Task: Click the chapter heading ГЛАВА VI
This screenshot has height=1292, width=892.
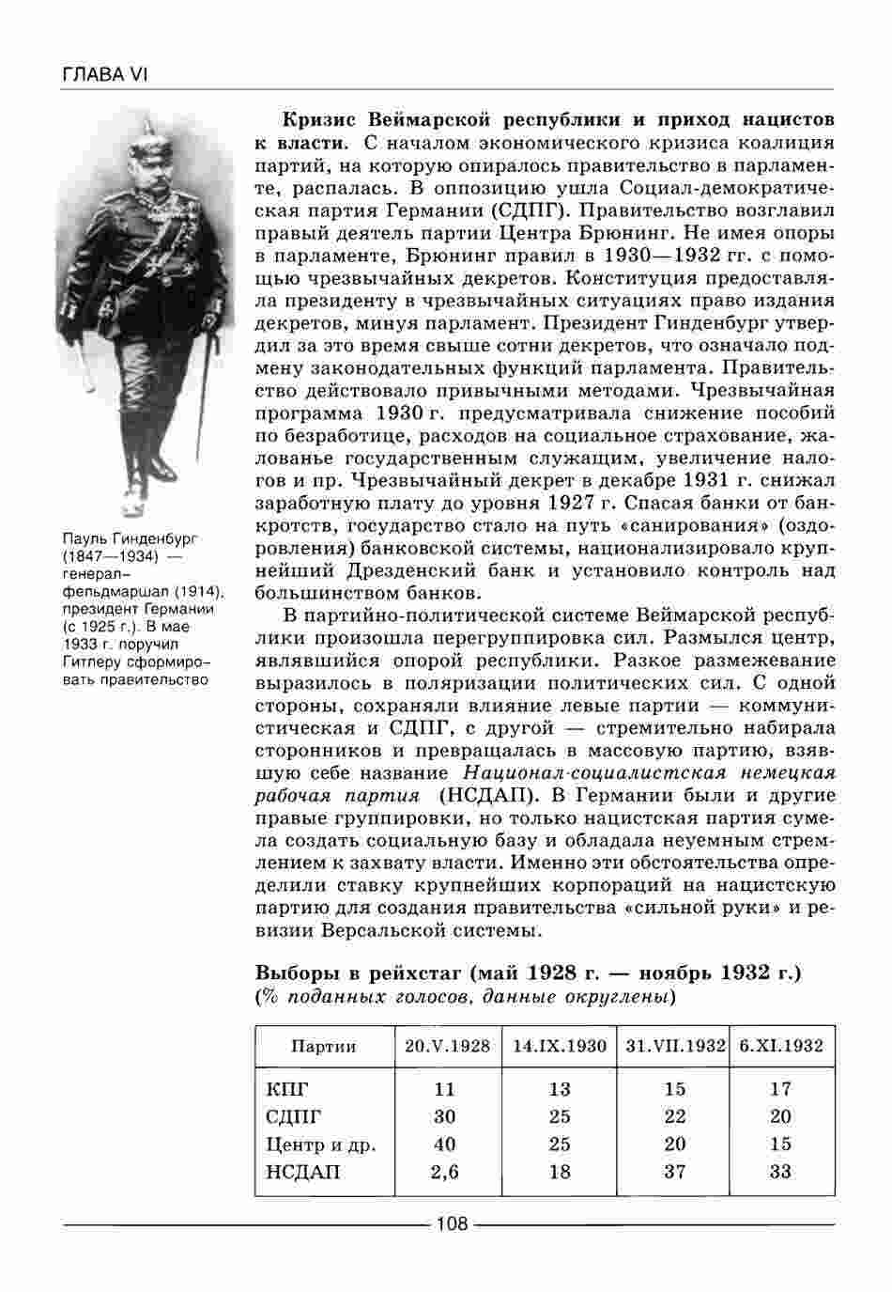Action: point(104,74)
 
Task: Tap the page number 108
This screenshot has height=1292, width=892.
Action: point(452,1223)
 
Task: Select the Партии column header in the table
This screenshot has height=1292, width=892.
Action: point(324,1046)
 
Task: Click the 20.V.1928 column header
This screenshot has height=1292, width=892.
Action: point(447,1046)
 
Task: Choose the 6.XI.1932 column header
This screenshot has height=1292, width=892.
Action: point(781,1046)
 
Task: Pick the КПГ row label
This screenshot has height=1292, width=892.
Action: point(287,1090)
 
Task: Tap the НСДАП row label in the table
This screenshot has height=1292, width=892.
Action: point(303,1172)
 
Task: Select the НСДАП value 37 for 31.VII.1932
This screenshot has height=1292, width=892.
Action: point(674,1172)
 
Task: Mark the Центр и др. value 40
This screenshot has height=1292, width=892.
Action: point(445,1144)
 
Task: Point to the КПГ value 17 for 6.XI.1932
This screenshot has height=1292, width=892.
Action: point(780,1090)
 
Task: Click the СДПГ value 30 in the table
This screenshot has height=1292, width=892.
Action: point(445,1117)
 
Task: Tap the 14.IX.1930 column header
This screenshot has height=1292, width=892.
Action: point(560,1046)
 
